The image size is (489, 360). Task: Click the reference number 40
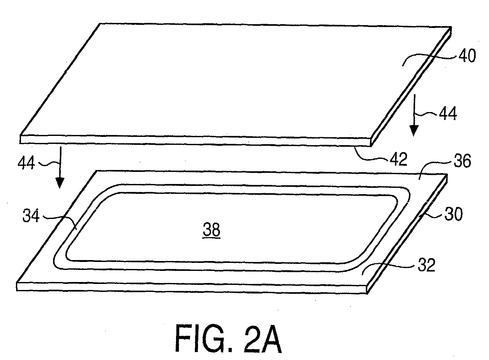pyautogui.click(x=467, y=56)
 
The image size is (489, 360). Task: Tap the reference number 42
pyautogui.click(x=399, y=159)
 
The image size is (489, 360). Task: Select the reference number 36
pyautogui.click(x=462, y=161)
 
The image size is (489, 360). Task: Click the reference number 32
pyautogui.click(x=427, y=265)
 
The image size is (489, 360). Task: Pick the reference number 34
pyautogui.click(x=31, y=216)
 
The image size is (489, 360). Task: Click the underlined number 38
pyautogui.click(x=211, y=230)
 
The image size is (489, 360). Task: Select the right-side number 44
pyautogui.click(x=448, y=114)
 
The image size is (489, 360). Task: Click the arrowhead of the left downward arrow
pyautogui.click(x=60, y=183)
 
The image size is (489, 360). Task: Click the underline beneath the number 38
pyautogui.click(x=211, y=238)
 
